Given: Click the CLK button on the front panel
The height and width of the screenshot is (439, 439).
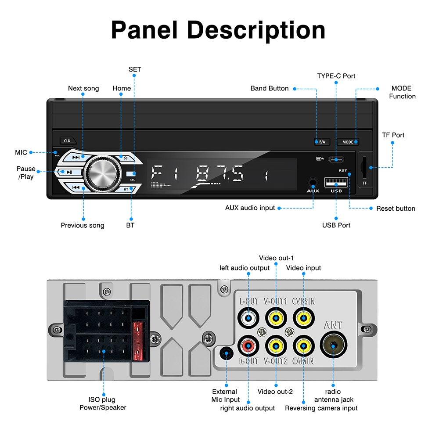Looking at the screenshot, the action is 68,140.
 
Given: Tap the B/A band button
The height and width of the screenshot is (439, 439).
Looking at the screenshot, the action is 322,142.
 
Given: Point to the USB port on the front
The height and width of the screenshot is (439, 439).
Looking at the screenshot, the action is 336,182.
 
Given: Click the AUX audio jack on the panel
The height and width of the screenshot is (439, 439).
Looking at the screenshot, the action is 313,183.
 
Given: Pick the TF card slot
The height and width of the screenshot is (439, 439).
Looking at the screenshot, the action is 364,167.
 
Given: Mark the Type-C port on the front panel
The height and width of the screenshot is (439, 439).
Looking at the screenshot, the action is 336,160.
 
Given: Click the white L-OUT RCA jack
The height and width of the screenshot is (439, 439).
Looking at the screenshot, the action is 248,318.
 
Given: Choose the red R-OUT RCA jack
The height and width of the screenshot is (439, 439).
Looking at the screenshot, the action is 248,346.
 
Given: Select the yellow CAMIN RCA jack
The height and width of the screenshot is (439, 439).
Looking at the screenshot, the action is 303,346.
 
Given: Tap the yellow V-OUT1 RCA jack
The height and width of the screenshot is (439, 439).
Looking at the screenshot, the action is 276,318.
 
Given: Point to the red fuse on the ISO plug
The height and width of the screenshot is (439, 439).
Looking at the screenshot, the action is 138,341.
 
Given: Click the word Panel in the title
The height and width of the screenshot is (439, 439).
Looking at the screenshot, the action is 144,30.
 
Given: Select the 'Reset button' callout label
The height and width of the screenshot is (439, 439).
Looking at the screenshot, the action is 396,209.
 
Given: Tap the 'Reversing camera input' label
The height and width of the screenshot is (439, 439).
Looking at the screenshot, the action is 321,408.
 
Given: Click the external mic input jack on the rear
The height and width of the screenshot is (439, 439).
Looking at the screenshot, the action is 226,353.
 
